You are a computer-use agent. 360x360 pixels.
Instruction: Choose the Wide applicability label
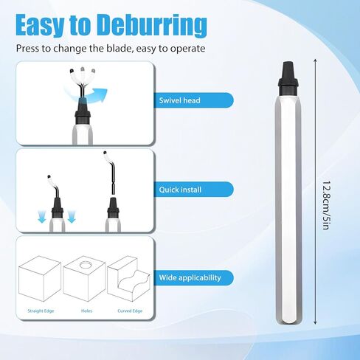(x=190, y=277)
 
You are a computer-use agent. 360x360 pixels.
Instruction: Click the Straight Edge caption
(x=41, y=311)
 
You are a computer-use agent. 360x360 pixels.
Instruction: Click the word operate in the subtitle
(x=187, y=49)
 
